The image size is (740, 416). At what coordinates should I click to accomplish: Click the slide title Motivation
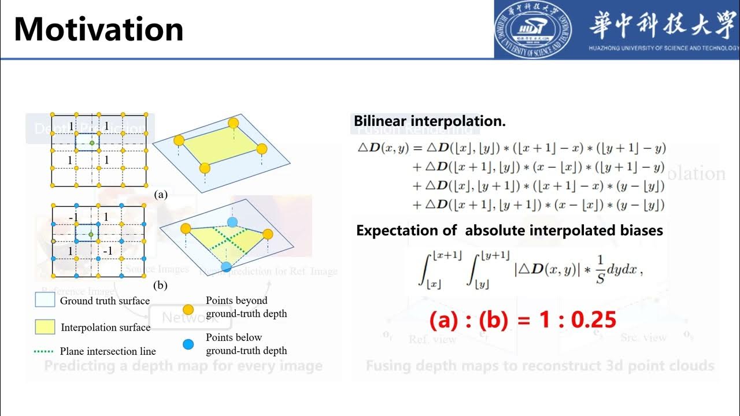click(98, 29)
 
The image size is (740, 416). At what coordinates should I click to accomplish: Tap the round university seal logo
click(532, 29)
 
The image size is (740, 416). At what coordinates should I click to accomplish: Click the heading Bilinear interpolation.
click(430, 121)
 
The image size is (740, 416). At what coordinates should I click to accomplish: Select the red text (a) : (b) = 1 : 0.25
click(522, 320)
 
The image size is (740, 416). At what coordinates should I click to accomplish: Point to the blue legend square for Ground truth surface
click(45, 300)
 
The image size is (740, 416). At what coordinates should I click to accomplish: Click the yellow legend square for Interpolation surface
click(45, 327)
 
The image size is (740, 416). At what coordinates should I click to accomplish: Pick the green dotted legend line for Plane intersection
click(45, 351)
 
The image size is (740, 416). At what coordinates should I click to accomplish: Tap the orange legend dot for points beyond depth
click(188, 307)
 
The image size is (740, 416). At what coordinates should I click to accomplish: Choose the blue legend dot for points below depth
click(188, 344)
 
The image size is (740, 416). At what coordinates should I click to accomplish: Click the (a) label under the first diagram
click(161, 195)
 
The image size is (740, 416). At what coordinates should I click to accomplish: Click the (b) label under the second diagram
click(161, 285)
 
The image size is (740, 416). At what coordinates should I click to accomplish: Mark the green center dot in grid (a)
click(91, 142)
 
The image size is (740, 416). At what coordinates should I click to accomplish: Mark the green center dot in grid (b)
click(91, 234)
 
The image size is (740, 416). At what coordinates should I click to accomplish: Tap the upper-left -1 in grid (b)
click(73, 217)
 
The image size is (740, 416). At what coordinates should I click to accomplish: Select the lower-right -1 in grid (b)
click(108, 251)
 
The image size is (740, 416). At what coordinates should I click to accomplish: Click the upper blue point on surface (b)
click(232, 222)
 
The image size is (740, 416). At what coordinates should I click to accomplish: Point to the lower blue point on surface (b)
click(226, 267)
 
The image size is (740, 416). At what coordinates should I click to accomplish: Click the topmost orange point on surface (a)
click(233, 122)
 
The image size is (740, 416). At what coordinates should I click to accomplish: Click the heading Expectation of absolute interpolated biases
click(509, 231)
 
